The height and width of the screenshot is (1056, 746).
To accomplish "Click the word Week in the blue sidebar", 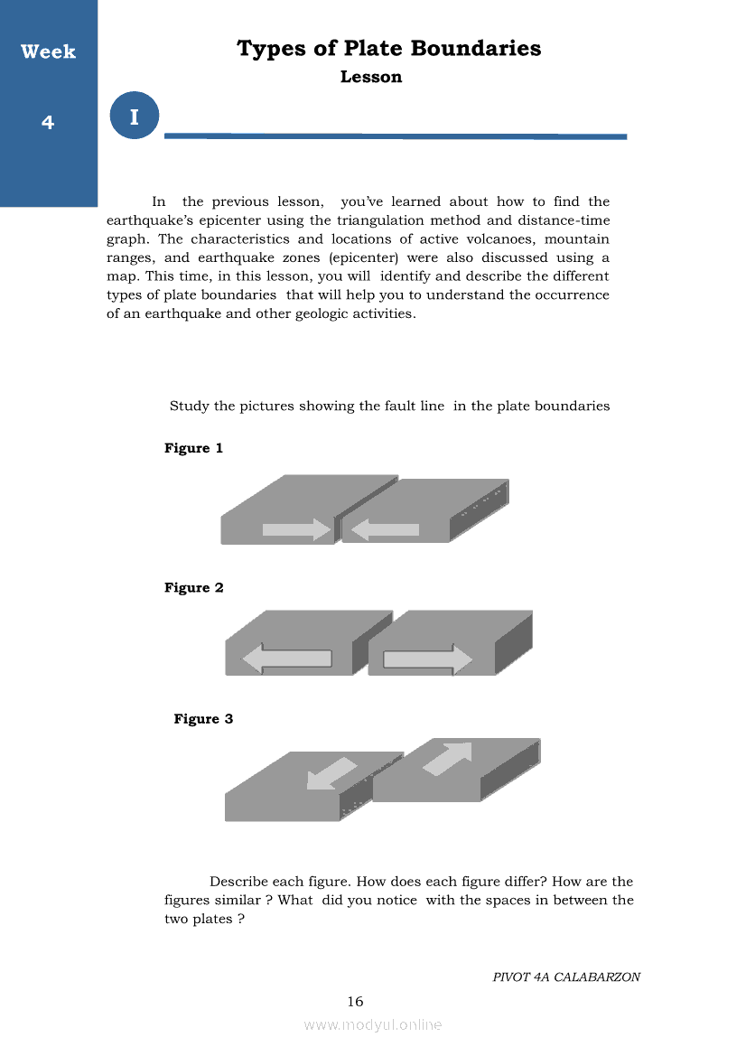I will click(48, 52).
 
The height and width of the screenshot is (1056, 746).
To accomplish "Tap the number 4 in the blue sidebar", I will click(48, 122).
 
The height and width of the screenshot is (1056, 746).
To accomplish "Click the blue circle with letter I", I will click(135, 117).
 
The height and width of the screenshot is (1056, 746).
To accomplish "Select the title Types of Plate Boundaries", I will click(388, 48).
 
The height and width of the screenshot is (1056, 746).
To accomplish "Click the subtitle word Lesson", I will click(371, 77).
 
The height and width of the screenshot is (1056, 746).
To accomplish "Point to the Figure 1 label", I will click(193, 448).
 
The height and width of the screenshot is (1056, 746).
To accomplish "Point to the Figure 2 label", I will click(193, 588).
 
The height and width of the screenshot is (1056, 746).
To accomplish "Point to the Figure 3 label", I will click(203, 719).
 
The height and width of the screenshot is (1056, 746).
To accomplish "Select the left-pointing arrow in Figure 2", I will click(286, 659).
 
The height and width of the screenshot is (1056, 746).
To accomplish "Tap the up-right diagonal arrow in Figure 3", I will click(448, 759).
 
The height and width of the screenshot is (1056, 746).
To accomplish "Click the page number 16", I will click(355, 1001).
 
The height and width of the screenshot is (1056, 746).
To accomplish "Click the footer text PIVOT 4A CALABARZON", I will click(566, 977).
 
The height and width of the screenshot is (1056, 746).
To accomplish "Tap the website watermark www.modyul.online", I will click(373, 1024).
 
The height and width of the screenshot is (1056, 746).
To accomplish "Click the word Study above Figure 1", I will click(189, 407).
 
